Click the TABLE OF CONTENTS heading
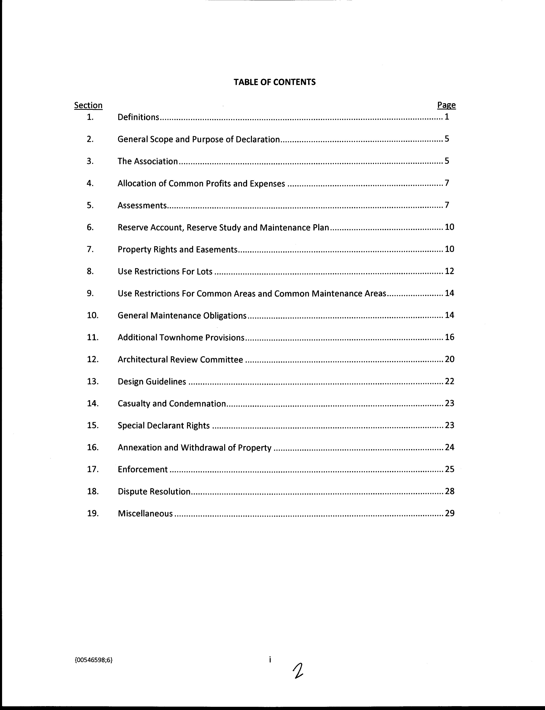click(x=275, y=82)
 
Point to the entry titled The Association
click(x=148, y=161)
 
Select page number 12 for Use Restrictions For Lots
click(x=449, y=271)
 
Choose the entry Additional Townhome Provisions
click(x=181, y=338)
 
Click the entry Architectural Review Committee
click(x=180, y=359)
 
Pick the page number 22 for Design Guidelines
click(x=449, y=381)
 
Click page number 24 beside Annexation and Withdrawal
click(x=449, y=447)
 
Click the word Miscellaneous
click(x=145, y=513)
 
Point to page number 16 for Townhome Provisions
click(x=449, y=337)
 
